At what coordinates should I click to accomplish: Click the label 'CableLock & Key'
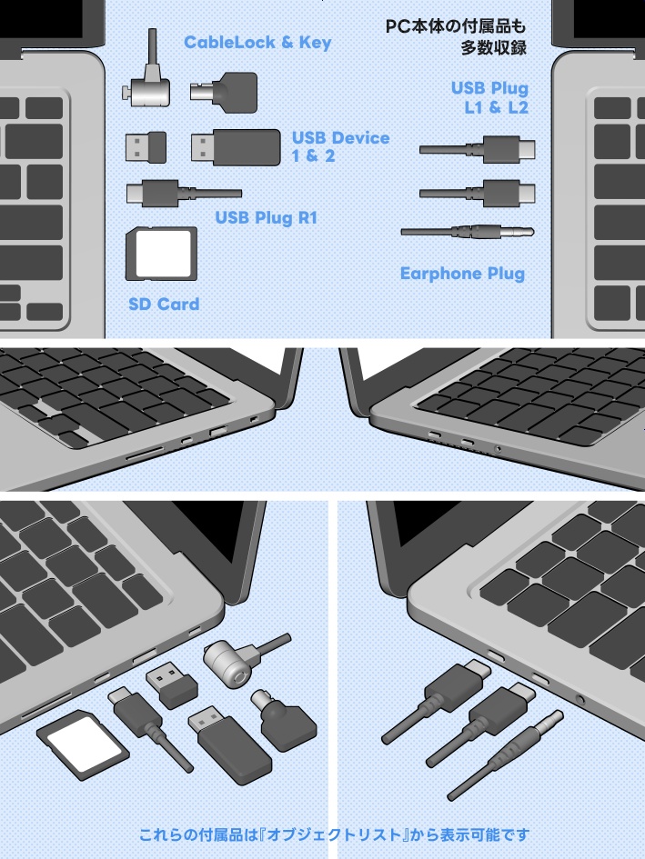pos(257,43)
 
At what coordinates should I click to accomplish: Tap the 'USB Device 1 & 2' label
pos(339,146)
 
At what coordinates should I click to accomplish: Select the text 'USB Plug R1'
pos(266,218)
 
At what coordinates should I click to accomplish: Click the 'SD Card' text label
pos(164,304)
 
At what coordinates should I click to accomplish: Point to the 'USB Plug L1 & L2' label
pos(489,98)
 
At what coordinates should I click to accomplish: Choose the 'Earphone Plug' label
pos(462,273)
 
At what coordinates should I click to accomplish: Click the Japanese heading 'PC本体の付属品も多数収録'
pos(456,36)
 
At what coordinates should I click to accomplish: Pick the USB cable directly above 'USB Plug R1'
pos(183,194)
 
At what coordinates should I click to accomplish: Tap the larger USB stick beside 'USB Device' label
pos(236,147)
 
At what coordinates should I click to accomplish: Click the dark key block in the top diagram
pos(224,92)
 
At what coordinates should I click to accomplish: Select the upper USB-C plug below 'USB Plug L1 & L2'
pos(478,148)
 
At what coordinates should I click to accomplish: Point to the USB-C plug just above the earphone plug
pos(478,193)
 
